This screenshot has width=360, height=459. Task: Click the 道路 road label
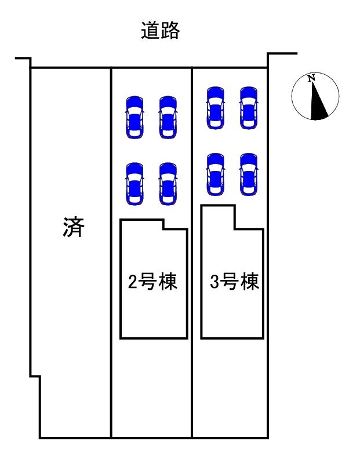160,30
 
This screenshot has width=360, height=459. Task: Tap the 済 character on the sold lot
74,228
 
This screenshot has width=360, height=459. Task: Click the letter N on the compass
311,78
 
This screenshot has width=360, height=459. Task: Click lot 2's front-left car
134,116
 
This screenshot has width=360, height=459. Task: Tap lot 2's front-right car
168,116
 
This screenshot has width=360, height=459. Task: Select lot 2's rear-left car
134,183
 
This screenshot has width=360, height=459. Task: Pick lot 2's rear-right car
168,183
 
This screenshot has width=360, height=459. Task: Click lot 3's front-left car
215,107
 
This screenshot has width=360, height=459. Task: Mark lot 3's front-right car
248,107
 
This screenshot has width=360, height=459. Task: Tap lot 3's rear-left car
215,173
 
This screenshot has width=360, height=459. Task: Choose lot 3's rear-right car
248,173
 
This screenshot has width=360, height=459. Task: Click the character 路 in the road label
170,30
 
